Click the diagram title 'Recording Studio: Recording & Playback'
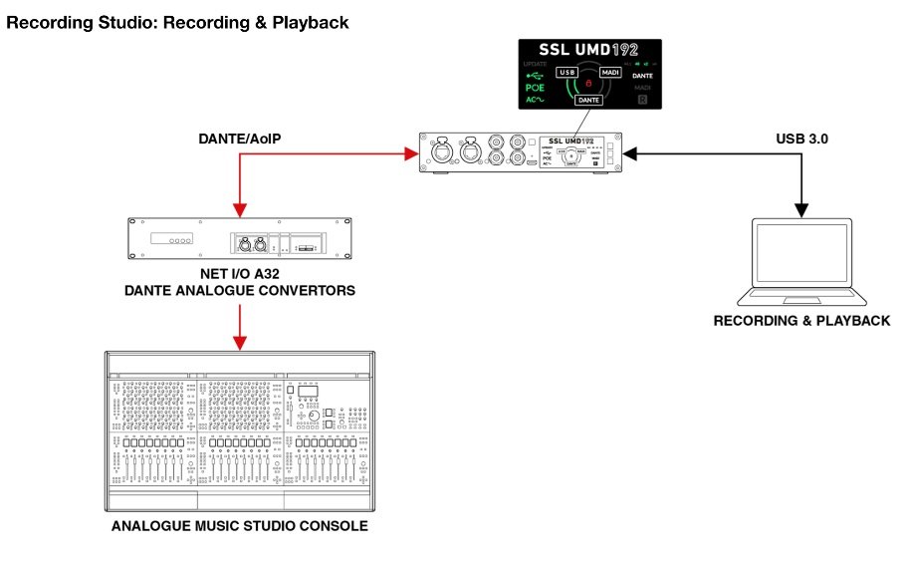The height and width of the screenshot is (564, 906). pyautogui.click(x=178, y=22)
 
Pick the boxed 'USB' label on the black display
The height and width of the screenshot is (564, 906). pyautogui.click(x=567, y=73)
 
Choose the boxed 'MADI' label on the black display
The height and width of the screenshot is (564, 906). pyautogui.click(x=610, y=73)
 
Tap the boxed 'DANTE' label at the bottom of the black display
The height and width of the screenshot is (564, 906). pyautogui.click(x=589, y=100)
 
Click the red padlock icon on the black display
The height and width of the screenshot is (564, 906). pyautogui.click(x=589, y=84)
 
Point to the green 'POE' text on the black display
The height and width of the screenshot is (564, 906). pyautogui.click(x=535, y=88)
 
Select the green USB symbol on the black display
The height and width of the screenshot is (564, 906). pyautogui.click(x=535, y=74)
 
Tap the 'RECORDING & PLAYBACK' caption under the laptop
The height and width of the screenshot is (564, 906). pyautogui.click(x=801, y=321)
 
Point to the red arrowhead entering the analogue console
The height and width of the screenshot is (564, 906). pyautogui.click(x=239, y=344)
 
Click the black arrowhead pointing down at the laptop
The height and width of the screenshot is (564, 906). pyautogui.click(x=802, y=209)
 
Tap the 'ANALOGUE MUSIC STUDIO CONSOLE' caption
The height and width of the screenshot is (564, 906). pyautogui.click(x=239, y=526)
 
